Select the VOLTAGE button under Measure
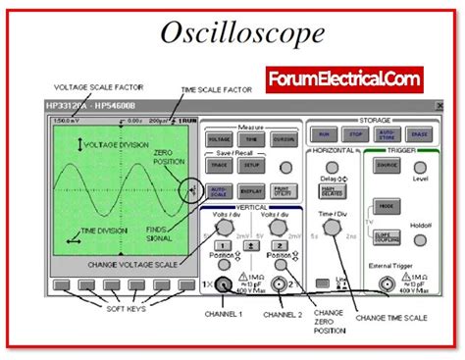[219, 141]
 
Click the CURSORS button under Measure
[282, 141]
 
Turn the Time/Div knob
[334, 227]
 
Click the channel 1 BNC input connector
[225, 285]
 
